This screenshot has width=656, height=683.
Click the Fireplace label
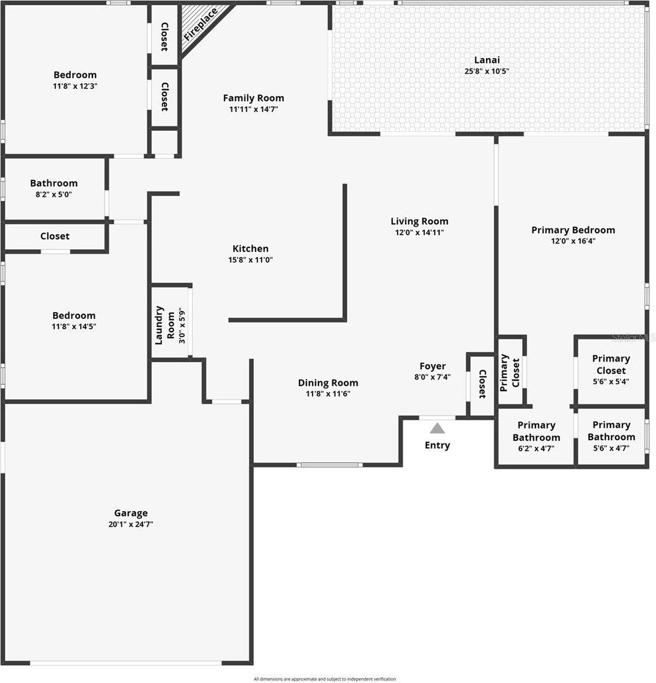pyautogui.click(x=201, y=25)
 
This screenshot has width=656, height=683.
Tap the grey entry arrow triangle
pyautogui.click(x=437, y=429)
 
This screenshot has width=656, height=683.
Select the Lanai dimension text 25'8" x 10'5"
pyautogui.click(x=486, y=71)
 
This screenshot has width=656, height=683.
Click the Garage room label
pyautogui.click(x=130, y=513)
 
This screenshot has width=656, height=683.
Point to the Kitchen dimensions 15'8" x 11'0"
pyautogui.click(x=250, y=260)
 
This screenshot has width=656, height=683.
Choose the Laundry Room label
pyautogui.click(x=164, y=325)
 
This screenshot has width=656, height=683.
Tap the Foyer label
pyautogui.click(x=433, y=366)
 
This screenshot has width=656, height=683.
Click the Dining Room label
pyautogui.click(x=328, y=383)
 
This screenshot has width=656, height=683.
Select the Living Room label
pyautogui.click(x=419, y=222)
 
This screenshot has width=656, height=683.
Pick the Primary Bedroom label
pyautogui.click(x=573, y=230)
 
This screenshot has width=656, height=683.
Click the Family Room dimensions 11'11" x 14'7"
pyautogui.click(x=253, y=110)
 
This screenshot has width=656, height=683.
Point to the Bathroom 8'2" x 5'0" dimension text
pyautogui.click(x=54, y=195)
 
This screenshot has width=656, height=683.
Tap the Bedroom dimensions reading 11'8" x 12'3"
pyautogui.click(x=75, y=87)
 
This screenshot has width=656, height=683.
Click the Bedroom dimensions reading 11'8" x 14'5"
pyautogui.click(x=74, y=327)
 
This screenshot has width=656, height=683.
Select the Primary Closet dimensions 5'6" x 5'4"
pyautogui.click(x=611, y=381)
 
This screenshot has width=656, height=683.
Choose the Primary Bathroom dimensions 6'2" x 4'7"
pyautogui.click(x=536, y=449)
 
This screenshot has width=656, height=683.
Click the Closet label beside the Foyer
pyautogui.click(x=482, y=384)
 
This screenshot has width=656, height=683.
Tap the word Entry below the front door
pyautogui.click(x=437, y=445)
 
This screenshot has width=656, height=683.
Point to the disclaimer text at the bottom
pyautogui.click(x=325, y=678)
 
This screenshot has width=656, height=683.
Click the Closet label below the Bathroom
pyautogui.click(x=55, y=236)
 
